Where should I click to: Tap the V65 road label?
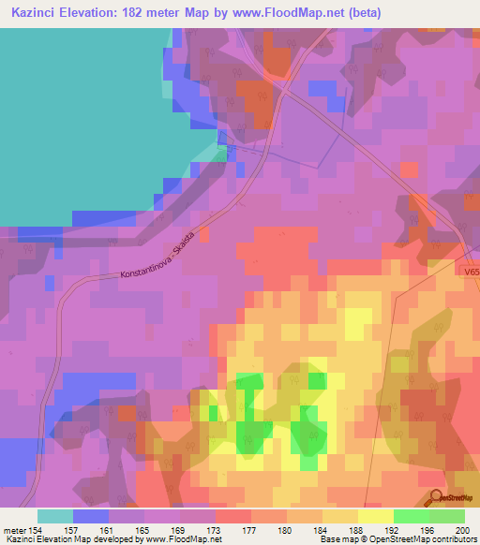pos(471,272)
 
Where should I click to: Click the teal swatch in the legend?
pos(54,516)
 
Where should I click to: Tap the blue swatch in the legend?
pos(90,516)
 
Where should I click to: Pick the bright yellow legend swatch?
pos(375,516)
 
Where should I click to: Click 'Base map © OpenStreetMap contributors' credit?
pos(397,539)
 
